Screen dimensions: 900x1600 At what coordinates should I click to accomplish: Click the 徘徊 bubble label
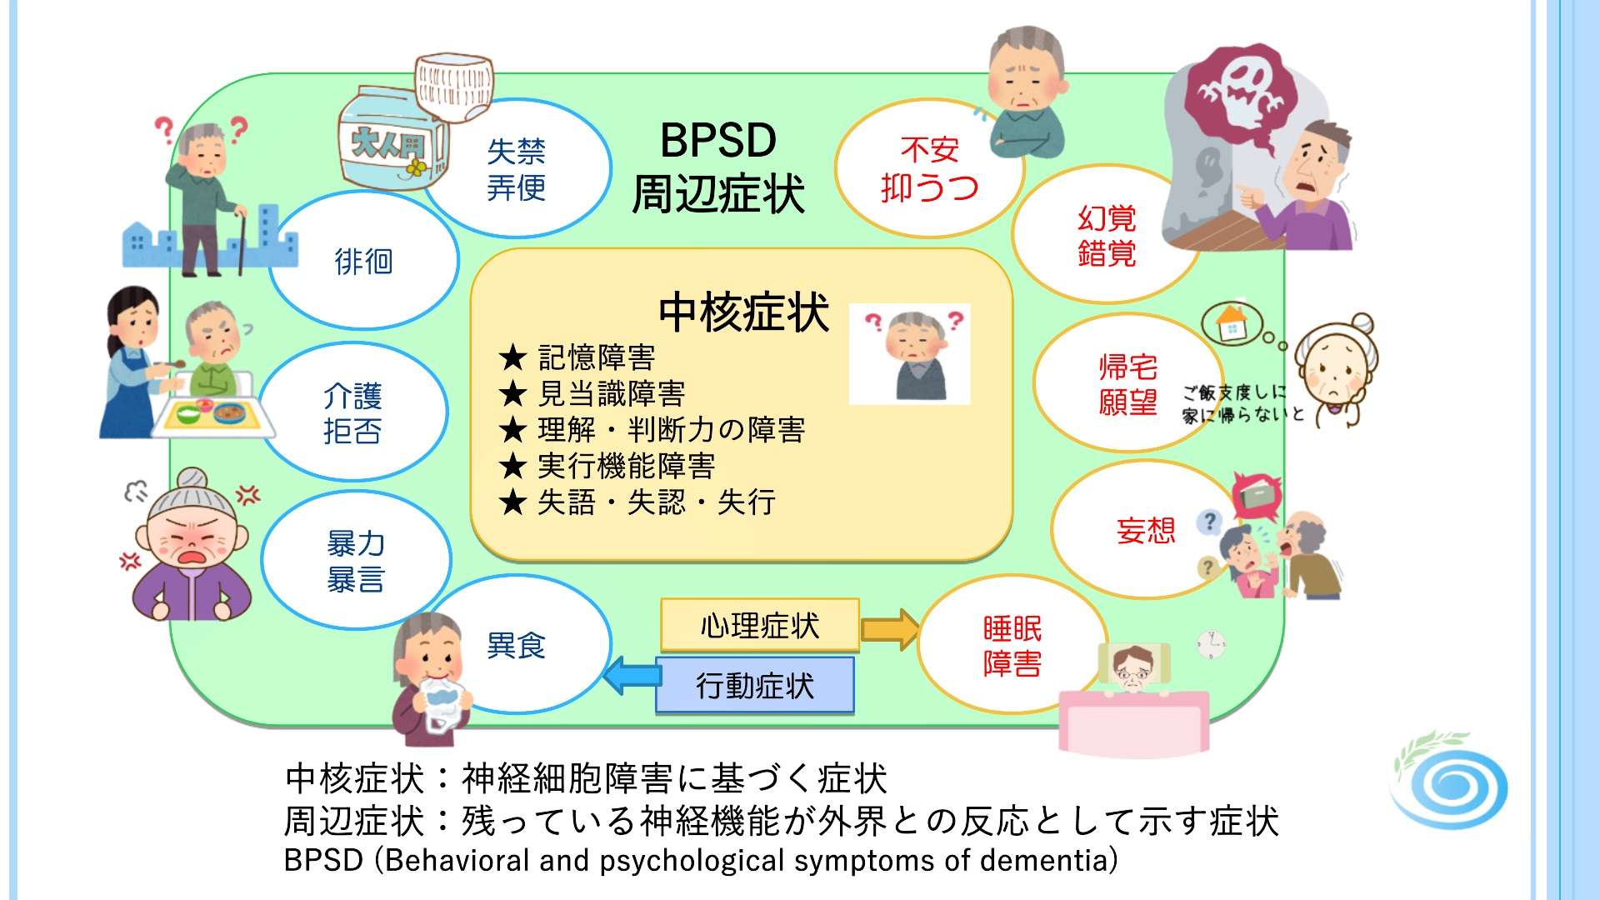coord(363,262)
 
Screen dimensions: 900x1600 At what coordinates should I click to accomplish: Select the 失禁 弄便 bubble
coord(516,170)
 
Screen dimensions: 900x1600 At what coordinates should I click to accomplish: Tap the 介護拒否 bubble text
coord(352,413)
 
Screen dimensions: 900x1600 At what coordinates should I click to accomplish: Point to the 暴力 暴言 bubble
coord(356,562)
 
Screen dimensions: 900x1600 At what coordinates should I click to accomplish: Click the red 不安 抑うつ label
coord(929,169)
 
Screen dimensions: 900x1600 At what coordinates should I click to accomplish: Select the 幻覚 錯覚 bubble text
coord(1107,236)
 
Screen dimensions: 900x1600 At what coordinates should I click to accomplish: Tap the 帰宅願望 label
coord(1127,385)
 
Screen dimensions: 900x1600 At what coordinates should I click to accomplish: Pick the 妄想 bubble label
coord(1146,531)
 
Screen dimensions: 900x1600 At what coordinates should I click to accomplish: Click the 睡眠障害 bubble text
coord(1012,646)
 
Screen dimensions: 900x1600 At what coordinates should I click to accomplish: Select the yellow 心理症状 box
coord(759,625)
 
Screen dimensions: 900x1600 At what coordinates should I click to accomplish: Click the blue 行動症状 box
coord(755,686)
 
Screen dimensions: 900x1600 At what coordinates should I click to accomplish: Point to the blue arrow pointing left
coord(631,675)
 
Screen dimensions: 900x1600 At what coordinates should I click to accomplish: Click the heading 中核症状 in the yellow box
coord(743,312)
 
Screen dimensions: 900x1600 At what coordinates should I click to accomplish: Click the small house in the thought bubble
coord(1231,323)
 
